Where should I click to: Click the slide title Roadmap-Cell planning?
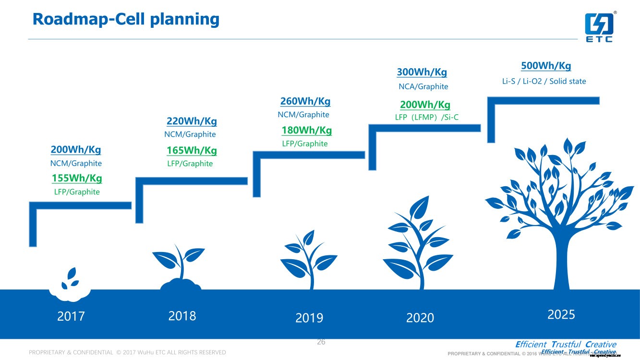126,19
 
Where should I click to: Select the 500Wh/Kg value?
546,66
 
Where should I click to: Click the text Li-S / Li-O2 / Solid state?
543,81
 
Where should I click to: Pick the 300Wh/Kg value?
422,72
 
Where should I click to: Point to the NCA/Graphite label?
423,86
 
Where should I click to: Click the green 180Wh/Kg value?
306,130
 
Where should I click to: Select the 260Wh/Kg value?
305,101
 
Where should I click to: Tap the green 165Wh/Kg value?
192,150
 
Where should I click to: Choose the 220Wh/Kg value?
192,121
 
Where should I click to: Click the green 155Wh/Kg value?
77,179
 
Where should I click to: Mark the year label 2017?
71,316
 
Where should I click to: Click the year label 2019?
309,318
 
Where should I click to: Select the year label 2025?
561,314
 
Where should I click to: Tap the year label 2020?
420,318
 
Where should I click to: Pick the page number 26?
321,342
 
